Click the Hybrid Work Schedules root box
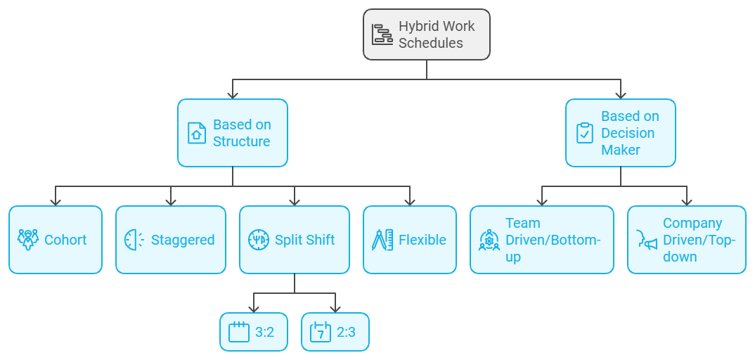(x=426, y=34)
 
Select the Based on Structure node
(x=233, y=133)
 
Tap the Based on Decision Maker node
(x=620, y=133)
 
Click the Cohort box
(x=56, y=240)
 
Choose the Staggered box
(x=171, y=240)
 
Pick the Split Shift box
(x=295, y=240)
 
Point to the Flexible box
(x=410, y=240)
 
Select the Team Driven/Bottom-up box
(x=541, y=240)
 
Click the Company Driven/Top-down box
(x=686, y=240)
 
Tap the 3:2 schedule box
(x=254, y=332)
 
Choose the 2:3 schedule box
(x=335, y=332)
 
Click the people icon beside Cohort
(x=27, y=240)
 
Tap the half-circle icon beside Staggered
(x=134, y=240)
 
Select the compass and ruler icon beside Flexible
(x=382, y=240)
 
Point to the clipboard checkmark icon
(x=585, y=133)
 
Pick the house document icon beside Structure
(x=196, y=133)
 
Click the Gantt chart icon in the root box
(x=382, y=34)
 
